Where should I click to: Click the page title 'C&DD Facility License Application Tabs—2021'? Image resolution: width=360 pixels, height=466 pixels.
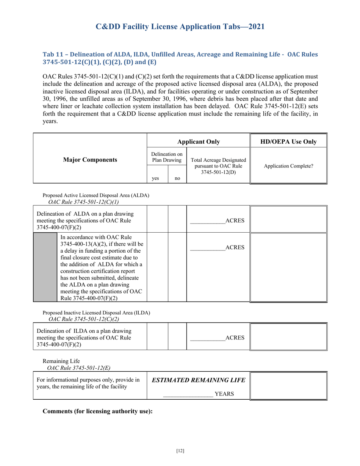[x=180, y=27]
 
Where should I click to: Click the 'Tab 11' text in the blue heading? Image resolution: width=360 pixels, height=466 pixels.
[x=52, y=54]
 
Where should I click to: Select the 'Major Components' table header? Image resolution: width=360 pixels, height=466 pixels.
[x=90, y=160]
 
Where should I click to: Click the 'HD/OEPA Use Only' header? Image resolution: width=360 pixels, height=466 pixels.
[x=288, y=142]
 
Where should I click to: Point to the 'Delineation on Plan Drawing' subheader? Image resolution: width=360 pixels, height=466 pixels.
[x=167, y=157]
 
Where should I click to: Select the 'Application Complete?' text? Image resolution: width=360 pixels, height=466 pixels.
[x=288, y=166]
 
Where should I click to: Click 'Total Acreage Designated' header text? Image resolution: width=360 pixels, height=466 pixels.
[x=218, y=160]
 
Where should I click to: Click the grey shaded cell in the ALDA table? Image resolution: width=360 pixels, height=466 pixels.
[x=45, y=267]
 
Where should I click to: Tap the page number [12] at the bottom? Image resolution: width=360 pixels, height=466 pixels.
[x=180, y=451]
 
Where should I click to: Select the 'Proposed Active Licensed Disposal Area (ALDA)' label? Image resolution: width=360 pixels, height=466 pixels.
[x=96, y=195]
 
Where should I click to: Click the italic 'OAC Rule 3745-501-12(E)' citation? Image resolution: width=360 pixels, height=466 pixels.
[x=79, y=367]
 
